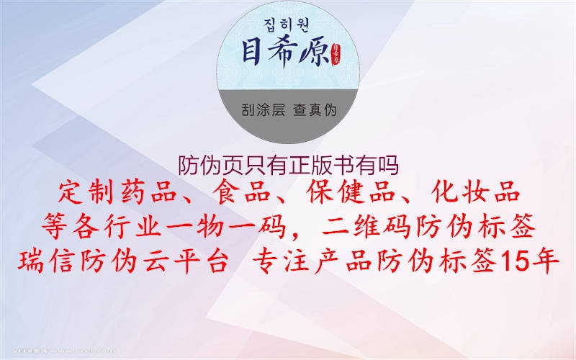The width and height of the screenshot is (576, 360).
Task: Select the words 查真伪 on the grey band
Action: tap(315, 110)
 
